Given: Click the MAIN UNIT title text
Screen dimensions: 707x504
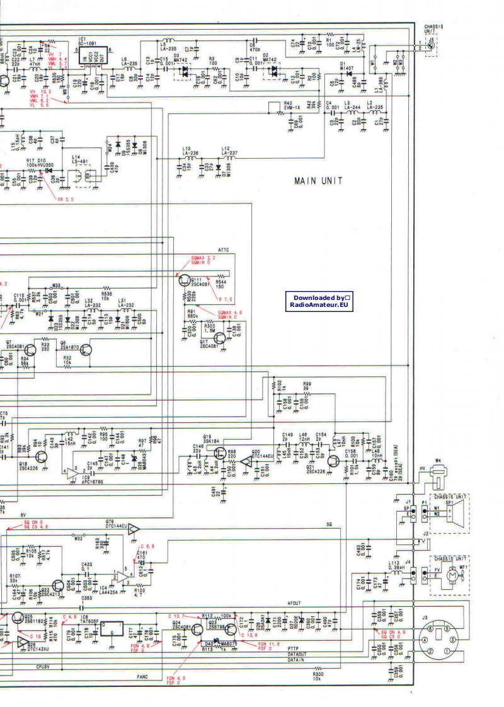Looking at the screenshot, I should tap(318, 181).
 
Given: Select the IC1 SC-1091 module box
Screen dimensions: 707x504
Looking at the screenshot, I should tap(94, 58).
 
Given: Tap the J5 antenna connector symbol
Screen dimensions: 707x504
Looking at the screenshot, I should tap(431, 45).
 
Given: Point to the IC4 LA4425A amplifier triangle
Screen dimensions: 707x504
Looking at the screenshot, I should tap(120, 575).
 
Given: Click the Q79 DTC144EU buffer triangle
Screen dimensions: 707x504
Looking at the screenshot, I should tap(133, 530).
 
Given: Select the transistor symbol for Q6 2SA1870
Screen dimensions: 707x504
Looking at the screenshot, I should tap(84, 350).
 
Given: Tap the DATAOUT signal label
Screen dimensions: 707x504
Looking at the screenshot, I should tap(298, 653).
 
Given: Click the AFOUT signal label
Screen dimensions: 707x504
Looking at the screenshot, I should tap(294, 603).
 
